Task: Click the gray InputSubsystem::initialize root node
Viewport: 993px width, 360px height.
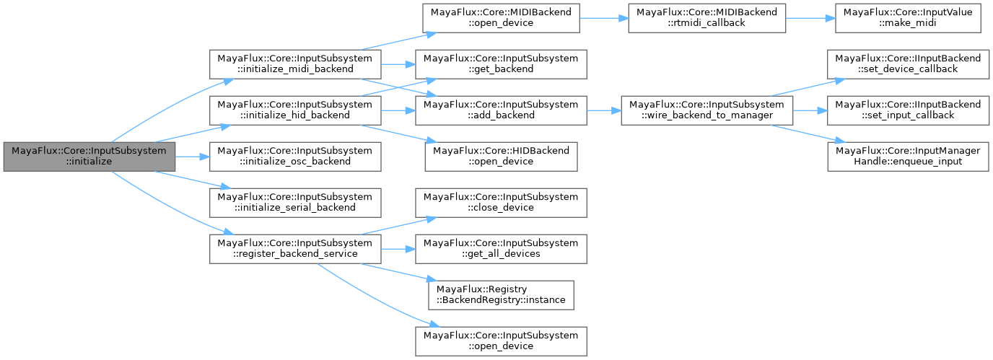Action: pyautogui.click(x=89, y=157)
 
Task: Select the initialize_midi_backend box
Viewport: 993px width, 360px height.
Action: pyautogui.click(x=295, y=63)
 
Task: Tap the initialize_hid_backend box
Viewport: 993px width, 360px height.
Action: pyautogui.click(x=295, y=110)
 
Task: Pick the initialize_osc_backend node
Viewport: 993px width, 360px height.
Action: pyautogui.click(x=295, y=157)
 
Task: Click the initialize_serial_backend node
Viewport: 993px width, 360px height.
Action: pyautogui.click(x=295, y=203)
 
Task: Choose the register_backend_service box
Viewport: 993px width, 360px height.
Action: pyautogui.click(x=295, y=249)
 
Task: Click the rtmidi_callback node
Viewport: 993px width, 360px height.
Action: pyautogui.click(x=707, y=17)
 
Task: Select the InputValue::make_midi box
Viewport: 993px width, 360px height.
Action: pyautogui.click(x=908, y=17)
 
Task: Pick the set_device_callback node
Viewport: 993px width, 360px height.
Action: pyautogui.click(x=908, y=63)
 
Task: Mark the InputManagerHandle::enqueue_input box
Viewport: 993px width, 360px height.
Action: pyautogui.click(x=908, y=157)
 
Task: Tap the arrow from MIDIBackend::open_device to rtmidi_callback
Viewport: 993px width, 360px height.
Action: pyautogui.click(x=603, y=17)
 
